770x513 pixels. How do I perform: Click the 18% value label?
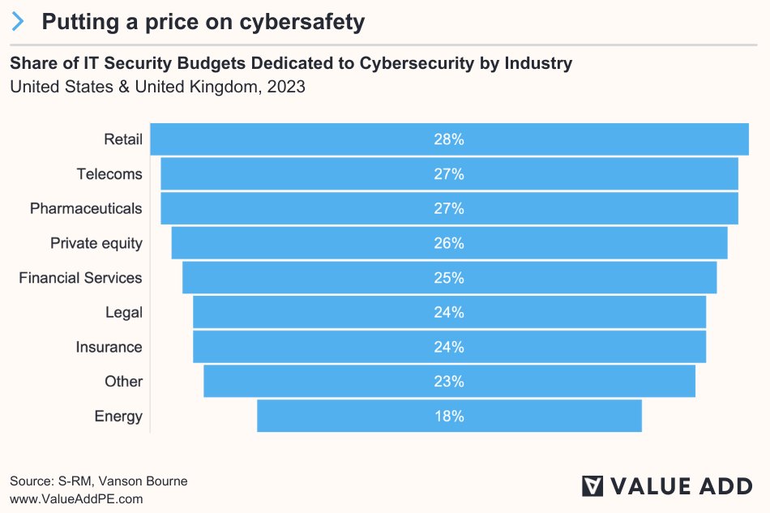point(448,416)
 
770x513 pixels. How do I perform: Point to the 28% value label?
point(448,139)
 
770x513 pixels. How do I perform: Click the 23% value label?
point(448,381)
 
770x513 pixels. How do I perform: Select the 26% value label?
point(448,243)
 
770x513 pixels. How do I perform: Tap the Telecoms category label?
point(109,174)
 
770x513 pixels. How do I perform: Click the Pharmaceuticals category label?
point(86,208)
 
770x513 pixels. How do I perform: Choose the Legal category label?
point(123,312)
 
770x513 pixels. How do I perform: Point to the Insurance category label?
point(109,347)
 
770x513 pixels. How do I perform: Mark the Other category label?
point(123,381)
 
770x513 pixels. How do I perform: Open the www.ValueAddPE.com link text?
point(76,498)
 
